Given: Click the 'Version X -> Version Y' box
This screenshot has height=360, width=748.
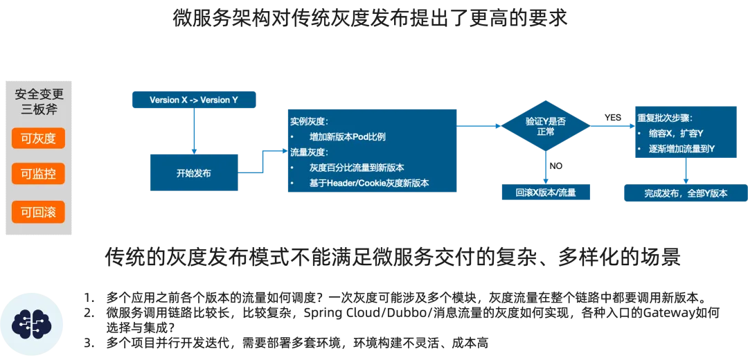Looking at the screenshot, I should tap(194, 100).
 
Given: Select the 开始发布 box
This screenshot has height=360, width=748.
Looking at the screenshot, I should tap(194, 172).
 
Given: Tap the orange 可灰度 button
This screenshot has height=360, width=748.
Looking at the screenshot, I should tap(38, 138).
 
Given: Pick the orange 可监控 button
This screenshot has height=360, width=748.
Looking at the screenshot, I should tap(38, 174).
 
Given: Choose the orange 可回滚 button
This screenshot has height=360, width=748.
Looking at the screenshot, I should tap(38, 212).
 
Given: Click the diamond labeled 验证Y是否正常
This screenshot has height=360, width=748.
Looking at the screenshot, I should tap(546, 126).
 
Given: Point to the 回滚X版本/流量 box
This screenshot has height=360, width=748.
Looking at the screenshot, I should tap(546, 192).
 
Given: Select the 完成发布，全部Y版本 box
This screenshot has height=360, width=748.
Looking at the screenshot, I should tap(686, 193).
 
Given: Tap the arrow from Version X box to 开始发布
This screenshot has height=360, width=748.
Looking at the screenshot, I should tap(194, 131).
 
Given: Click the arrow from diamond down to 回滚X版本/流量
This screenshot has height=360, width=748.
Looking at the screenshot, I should tap(546, 167).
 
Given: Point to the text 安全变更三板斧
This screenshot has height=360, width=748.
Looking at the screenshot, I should tap(39, 102).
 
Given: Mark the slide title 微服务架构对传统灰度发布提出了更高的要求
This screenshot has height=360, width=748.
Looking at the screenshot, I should tap(370, 19).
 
